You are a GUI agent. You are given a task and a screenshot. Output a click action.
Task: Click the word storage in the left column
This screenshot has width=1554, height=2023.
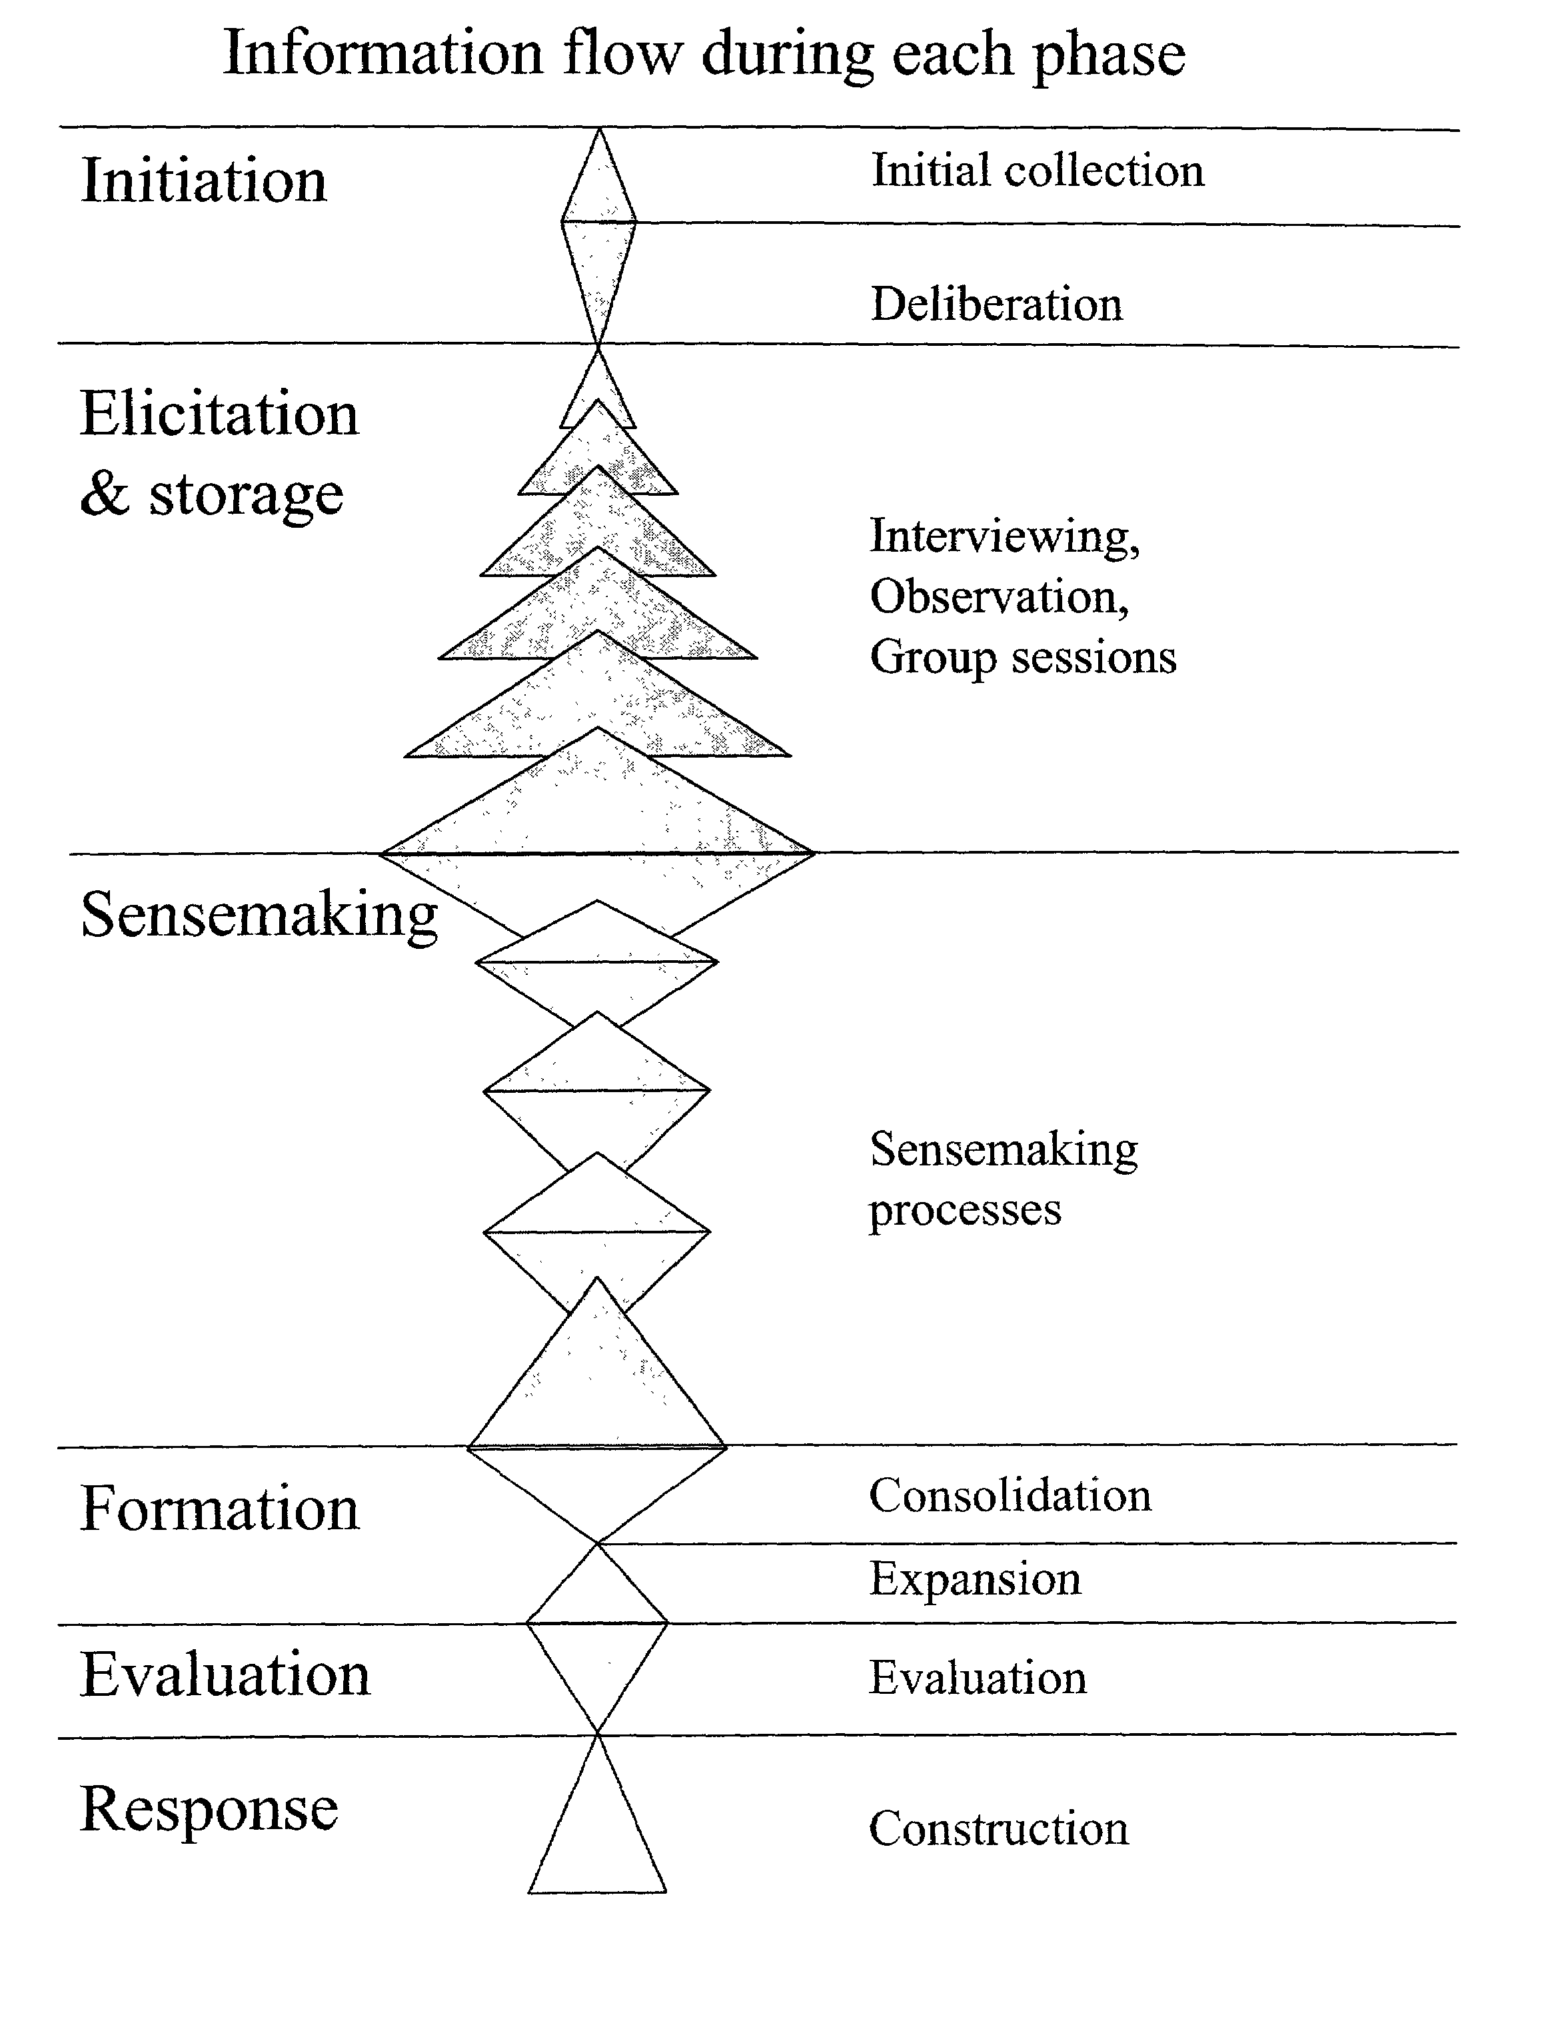point(246,496)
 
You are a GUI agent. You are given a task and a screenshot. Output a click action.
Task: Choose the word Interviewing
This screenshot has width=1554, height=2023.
point(1004,536)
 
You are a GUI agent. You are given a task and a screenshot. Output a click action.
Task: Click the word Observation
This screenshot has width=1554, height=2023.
point(999,596)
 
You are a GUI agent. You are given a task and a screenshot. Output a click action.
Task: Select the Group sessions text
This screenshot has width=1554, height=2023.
point(1023,658)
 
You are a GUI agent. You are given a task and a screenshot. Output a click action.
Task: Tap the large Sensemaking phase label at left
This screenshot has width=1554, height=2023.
point(259,916)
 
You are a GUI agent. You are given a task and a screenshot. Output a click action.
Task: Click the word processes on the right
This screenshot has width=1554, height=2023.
point(965,1210)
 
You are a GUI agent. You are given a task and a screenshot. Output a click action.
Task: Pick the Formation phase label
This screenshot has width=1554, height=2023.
point(219,1508)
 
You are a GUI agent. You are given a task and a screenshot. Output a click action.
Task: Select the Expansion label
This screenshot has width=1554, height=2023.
point(975,1578)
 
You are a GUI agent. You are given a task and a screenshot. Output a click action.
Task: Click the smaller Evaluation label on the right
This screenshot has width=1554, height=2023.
point(978,1677)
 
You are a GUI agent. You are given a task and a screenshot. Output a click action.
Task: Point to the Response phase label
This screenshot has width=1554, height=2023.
point(209,1809)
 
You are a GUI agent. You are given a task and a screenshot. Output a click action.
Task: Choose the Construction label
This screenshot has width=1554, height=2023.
point(999,1828)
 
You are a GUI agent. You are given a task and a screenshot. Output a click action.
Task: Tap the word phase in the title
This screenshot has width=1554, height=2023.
point(1108,57)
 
